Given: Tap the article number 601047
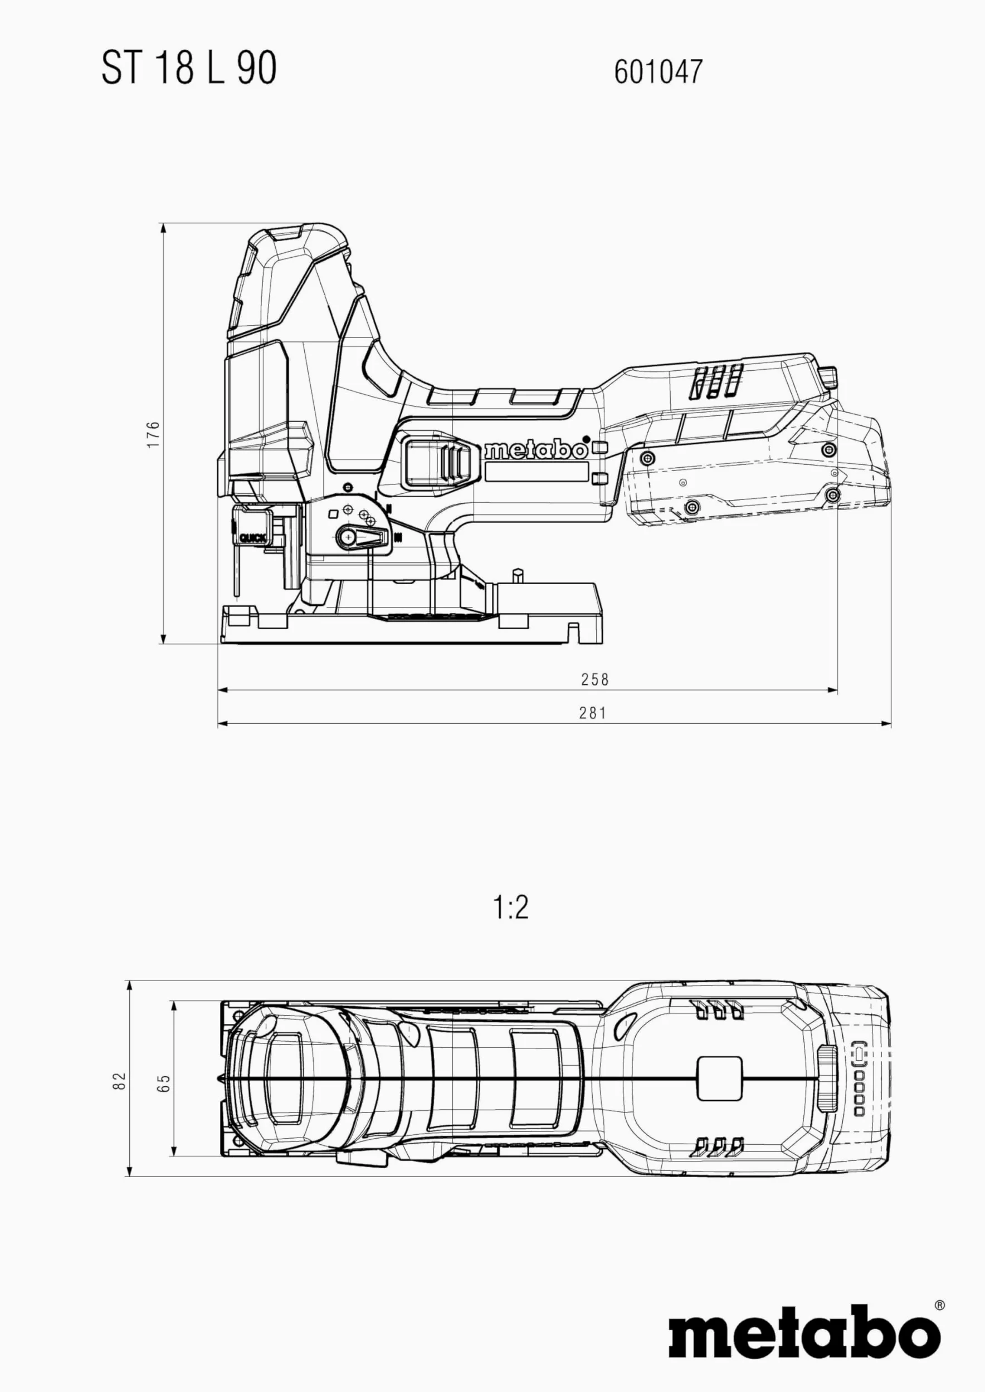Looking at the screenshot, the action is [x=658, y=71].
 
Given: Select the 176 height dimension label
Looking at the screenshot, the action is [x=153, y=434].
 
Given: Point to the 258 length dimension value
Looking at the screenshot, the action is [x=594, y=680].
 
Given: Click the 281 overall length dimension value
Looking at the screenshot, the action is [x=593, y=713].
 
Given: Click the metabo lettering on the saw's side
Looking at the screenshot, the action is [x=535, y=450].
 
